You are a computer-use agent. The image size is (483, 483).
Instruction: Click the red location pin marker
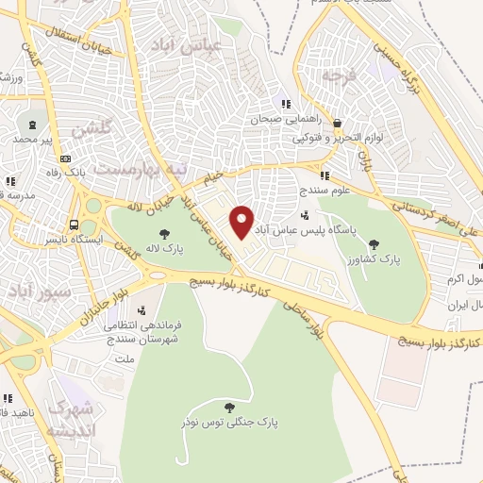[242, 221]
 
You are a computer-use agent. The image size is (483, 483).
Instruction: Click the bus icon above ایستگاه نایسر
[74, 225]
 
